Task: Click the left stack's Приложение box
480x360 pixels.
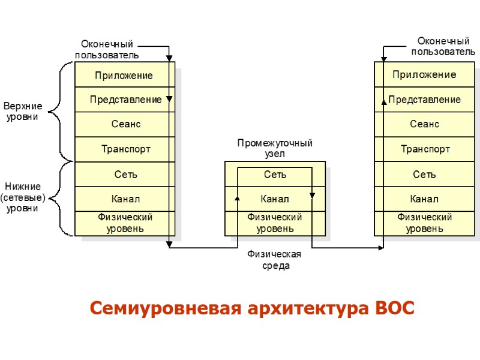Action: [125, 76]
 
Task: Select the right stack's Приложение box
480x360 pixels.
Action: [424, 75]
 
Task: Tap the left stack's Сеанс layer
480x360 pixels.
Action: [125, 124]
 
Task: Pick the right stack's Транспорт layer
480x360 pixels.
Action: [424, 149]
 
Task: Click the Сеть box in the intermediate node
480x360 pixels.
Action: [275, 175]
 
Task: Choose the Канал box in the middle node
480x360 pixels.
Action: [275, 199]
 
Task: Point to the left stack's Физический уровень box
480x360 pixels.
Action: [125, 223]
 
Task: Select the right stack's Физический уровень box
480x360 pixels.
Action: [424, 223]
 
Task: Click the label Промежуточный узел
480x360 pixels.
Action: [275, 148]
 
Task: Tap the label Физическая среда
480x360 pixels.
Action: [275, 260]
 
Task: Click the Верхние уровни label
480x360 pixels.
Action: [23, 112]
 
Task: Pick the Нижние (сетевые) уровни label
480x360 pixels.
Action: [23, 197]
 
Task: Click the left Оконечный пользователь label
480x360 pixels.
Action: [107, 50]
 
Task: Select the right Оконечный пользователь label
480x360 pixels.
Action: [442, 46]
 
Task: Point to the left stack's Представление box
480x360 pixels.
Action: [125, 100]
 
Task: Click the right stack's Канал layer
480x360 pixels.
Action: [424, 199]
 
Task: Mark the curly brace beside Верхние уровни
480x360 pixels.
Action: [57, 112]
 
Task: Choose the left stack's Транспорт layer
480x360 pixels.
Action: [125, 149]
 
